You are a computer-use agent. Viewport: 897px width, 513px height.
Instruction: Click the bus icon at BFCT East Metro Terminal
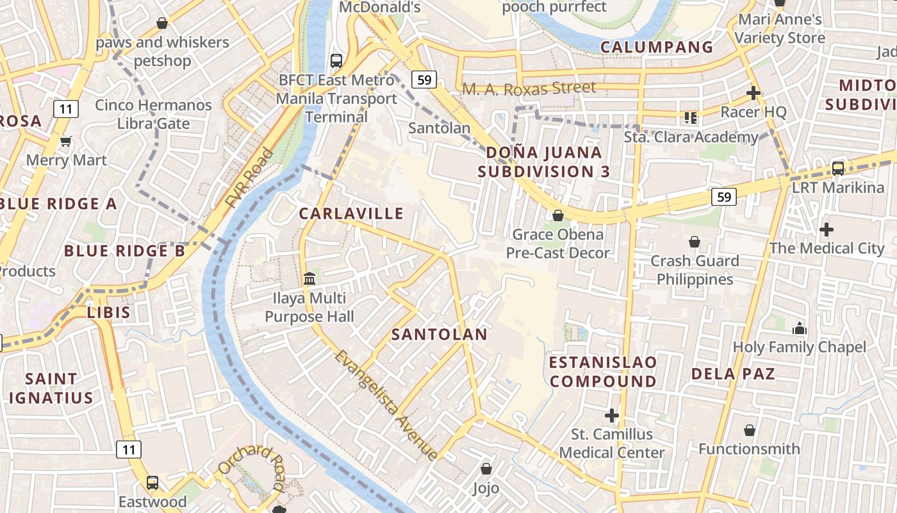tap(336, 61)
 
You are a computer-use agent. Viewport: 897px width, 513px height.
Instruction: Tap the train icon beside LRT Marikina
tap(837, 169)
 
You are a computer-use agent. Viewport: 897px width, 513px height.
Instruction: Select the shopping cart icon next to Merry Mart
tap(65, 141)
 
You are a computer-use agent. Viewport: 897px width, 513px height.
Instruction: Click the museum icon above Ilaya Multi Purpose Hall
tap(309, 279)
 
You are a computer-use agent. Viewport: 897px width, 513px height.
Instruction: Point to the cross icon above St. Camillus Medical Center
tap(612, 416)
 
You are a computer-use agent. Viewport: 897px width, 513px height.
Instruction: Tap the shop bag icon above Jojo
tap(486, 469)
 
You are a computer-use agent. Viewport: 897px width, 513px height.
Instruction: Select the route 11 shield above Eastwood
tap(129, 450)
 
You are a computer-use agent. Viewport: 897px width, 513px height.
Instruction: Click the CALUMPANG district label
tap(657, 47)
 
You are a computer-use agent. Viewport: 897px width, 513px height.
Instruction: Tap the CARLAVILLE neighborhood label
tap(351, 214)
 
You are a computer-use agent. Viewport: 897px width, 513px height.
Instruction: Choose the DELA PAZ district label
tap(733, 373)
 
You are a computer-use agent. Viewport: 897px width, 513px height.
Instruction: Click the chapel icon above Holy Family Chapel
tap(799, 328)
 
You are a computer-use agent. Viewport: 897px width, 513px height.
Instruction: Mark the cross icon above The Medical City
tap(827, 229)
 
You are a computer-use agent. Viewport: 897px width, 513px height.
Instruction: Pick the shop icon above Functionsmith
tap(749, 430)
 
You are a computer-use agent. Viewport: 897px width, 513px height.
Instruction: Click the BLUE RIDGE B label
tap(125, 251)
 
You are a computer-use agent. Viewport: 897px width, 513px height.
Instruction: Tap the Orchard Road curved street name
tap(251, 467)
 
